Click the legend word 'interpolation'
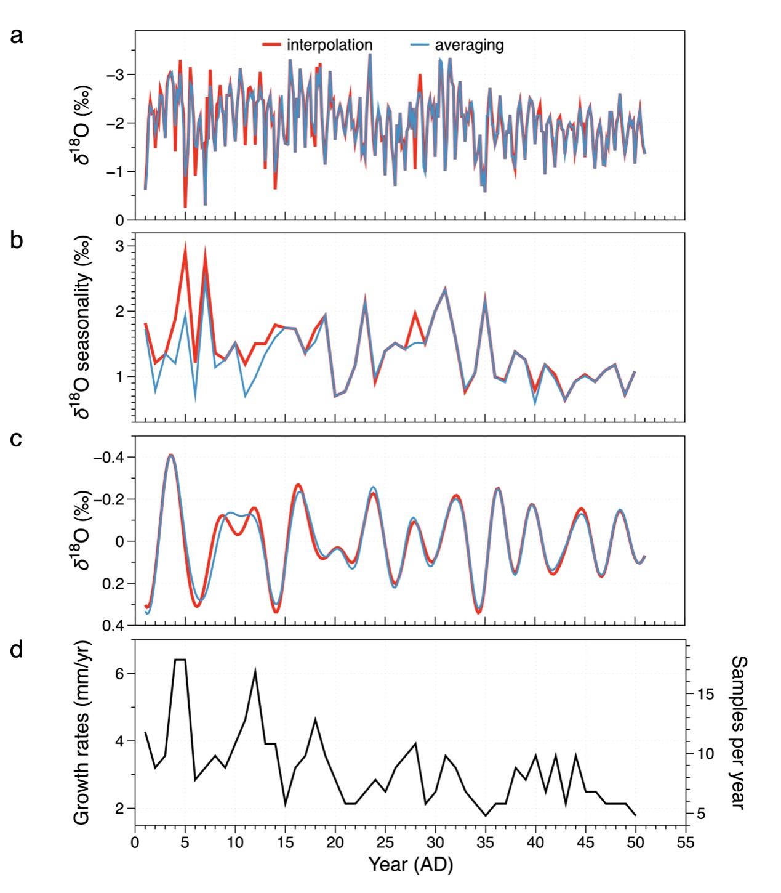(x=329, y=45)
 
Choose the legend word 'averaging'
(x=469, y=45)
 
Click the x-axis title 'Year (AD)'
(x=411, y=865)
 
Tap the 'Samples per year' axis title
(x=738, y=732)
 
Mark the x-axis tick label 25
(x=385, y=842)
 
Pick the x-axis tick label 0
(x=135, y=842)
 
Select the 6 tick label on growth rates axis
(x=121, y=674)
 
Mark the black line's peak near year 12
(x=255, y=671)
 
